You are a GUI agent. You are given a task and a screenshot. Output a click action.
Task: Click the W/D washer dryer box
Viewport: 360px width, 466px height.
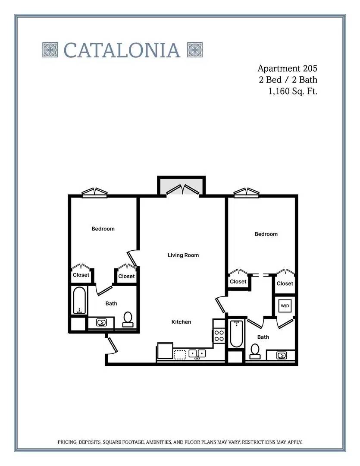point(285,305)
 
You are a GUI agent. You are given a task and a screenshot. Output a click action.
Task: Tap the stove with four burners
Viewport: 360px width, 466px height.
point(219,336)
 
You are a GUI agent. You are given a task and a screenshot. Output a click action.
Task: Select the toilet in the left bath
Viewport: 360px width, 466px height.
point(128,319)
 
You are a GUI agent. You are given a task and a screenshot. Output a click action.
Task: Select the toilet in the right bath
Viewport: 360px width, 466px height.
point(254,351)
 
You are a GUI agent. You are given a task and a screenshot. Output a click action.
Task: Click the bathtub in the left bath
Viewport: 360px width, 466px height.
point(79,300)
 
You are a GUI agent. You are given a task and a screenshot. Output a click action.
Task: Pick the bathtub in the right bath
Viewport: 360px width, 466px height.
point(236,334)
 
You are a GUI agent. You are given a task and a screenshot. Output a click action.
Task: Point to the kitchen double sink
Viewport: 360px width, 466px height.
point(197,354)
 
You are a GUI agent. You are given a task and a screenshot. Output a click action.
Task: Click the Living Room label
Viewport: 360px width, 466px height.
point(183,255)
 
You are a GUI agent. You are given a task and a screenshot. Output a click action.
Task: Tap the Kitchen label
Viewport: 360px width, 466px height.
point(181,322)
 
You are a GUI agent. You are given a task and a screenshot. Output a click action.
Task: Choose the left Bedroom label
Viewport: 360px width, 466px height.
point(103,229)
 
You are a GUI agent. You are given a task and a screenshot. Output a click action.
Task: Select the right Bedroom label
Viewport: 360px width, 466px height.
point(266,234)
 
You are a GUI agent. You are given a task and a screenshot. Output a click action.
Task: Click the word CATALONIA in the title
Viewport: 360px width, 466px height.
point(122,50)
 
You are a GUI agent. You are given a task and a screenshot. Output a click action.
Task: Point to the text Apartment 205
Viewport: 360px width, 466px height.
point(287,68)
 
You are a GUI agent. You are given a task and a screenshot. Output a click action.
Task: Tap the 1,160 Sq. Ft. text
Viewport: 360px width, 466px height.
point(293,91)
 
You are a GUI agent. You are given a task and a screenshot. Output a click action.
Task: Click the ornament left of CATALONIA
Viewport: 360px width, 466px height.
point(50,50)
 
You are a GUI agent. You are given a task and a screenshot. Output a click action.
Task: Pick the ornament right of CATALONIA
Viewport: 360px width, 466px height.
point(195,50)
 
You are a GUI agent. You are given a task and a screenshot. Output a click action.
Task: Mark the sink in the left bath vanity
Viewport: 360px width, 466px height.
point(102,322)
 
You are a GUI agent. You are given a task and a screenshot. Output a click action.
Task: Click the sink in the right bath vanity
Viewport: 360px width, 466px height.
point(281,355)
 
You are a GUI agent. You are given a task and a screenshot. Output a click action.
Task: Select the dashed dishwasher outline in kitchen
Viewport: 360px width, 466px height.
point(180,354)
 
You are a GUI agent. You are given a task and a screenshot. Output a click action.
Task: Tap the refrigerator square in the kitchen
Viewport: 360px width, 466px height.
point(165,351)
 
